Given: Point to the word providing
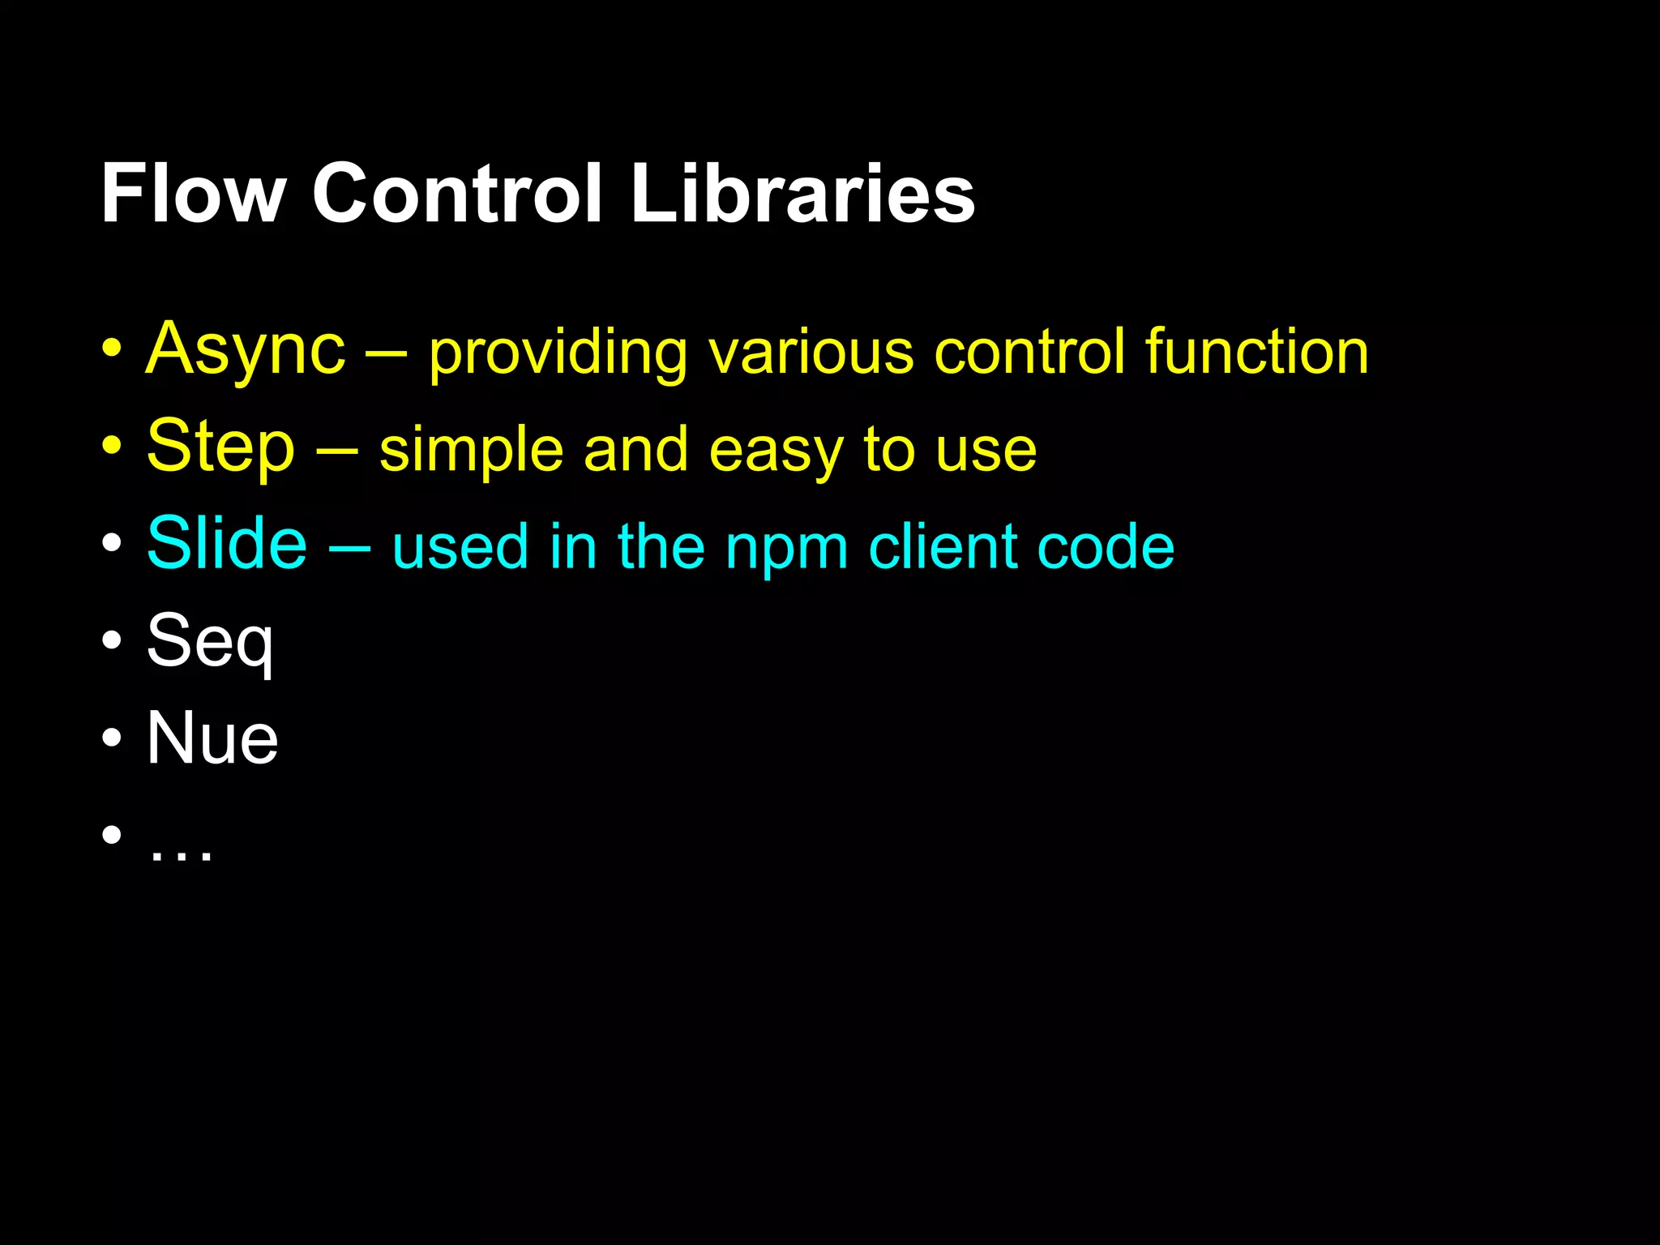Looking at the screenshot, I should coord(558,353).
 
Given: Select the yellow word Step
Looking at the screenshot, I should coord(220,447).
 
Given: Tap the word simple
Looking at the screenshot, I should coord(471,451).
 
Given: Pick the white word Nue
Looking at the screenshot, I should coord(212,738).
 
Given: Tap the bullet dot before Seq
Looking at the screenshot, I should coord(112,641).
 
